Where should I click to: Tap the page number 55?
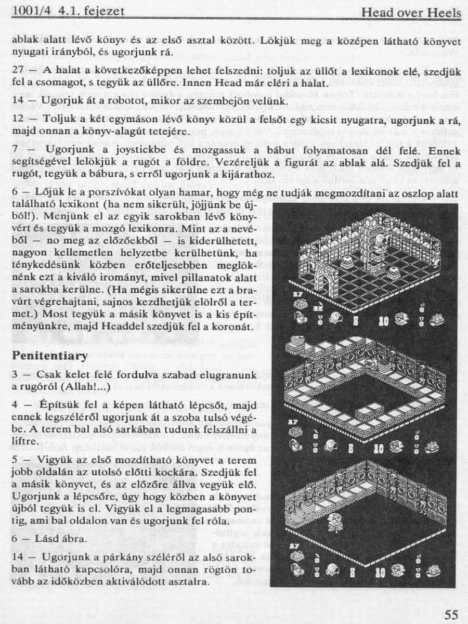(x=451, y=615)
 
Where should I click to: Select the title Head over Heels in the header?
(x=411, y=12)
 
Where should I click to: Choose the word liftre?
(x=23, y=441)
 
